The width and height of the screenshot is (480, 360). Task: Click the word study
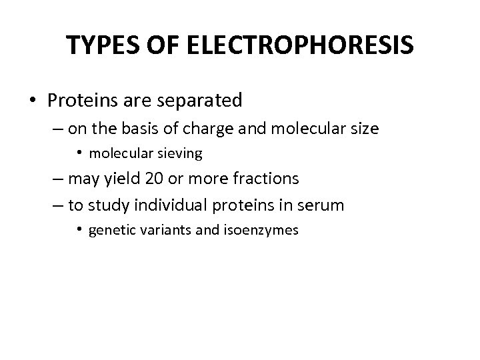(109, 205)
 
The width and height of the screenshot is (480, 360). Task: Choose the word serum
(323, 205)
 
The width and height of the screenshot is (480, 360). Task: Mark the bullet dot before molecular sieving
(79, 153)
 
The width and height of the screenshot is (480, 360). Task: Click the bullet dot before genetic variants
(79, 230)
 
